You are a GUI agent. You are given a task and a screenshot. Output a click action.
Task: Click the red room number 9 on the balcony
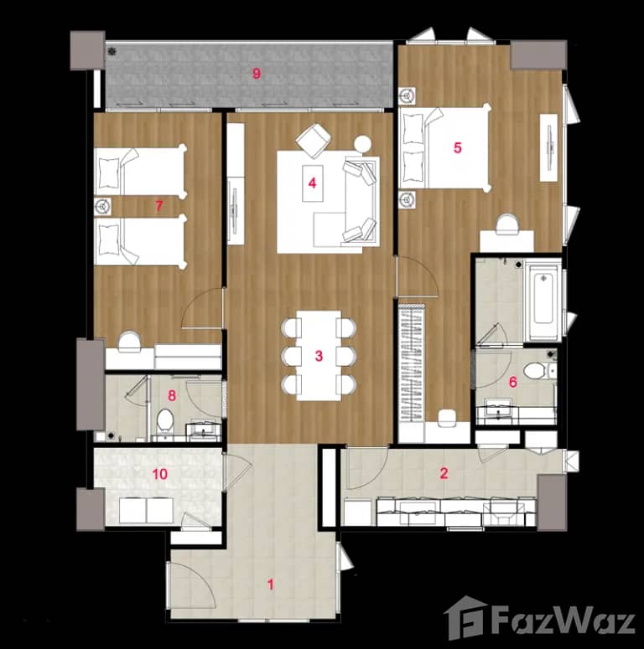click(x=257, y=74)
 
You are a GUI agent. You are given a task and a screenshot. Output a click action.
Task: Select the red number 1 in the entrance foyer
click(x=270, y=585)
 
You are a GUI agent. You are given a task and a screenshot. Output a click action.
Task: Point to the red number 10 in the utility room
click(x=159, y=474)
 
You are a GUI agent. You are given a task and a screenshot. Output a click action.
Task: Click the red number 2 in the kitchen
click(x=444, y=473)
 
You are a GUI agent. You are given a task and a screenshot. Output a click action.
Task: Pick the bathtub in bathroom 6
click(x=543, y=302)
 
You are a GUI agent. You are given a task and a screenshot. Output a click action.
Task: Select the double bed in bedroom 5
click(x=444, y=148)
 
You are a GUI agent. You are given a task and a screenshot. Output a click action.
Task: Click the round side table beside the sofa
click(x=362, y=143)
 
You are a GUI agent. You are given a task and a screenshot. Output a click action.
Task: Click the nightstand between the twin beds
click(x=105, y=206)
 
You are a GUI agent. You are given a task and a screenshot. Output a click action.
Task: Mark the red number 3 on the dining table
click(x=319, y=356)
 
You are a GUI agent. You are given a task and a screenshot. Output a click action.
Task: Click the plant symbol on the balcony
click(x=112, y=52)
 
